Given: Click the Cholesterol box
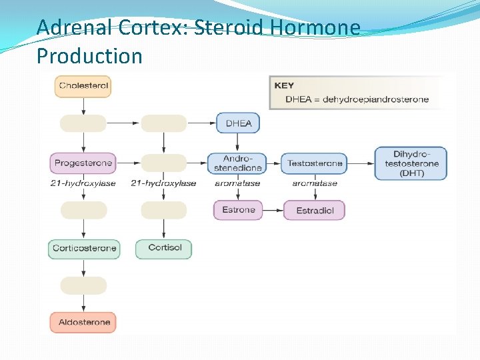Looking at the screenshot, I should [x=83, y=86].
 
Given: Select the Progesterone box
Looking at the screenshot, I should [x=83, y=163].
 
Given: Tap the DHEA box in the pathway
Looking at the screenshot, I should [x=238, y=123].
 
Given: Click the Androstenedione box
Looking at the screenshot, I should [x=237, y=163].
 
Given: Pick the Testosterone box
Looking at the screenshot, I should [x=315, y=163].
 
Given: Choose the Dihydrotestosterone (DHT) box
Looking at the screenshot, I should [x=411, y=163].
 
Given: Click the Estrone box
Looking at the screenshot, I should [x=238, y=210].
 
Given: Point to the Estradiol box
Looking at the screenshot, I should [x=315, y=211].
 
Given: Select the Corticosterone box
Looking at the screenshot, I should [x=84, y=249].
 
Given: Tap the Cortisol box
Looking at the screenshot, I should [x=164, y=248].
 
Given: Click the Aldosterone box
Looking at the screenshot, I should [x=84, y=323].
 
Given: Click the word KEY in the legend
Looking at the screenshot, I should [x=283, y=86].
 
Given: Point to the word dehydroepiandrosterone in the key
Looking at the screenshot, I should [x=375, y=99].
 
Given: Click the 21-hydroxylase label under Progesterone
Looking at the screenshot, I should [x=83, y=183].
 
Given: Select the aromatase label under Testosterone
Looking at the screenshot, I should [x=315, y=183].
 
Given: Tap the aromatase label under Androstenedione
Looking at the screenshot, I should [x=237, y=183].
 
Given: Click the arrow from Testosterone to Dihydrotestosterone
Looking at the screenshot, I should [x=361, y=163].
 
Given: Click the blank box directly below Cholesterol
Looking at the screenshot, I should [x=83, y=123].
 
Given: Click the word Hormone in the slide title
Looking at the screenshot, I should [x=314, y=28].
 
